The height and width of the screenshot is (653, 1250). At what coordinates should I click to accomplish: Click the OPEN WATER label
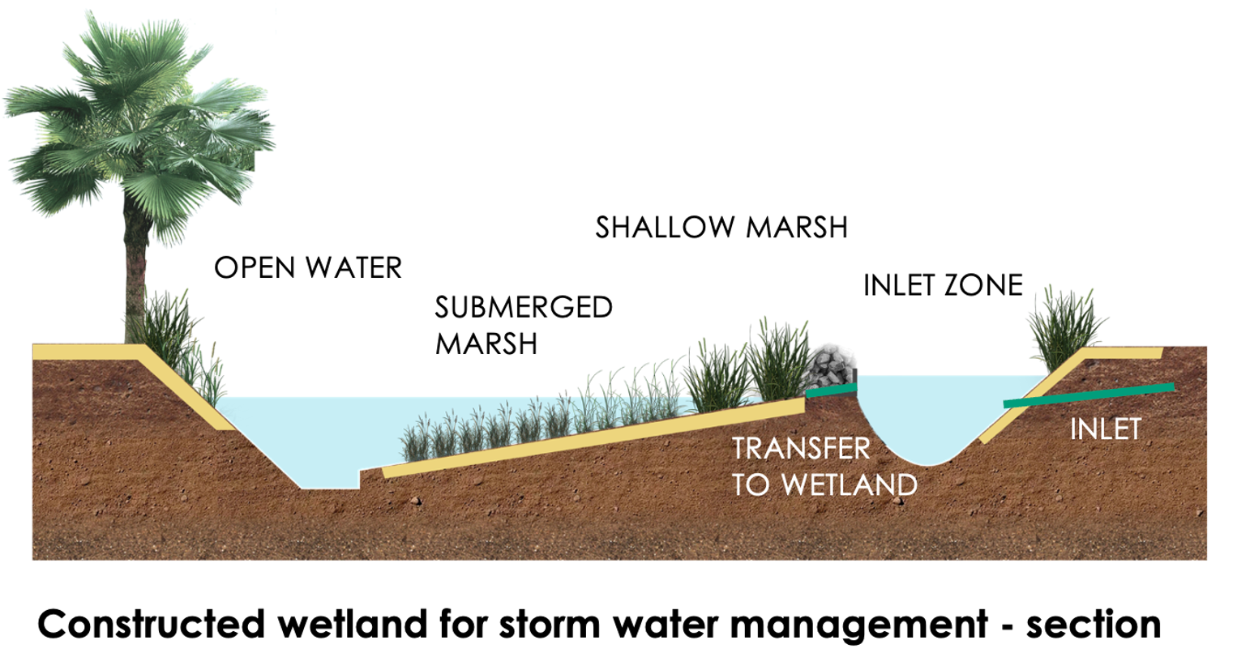[x=308, y=267]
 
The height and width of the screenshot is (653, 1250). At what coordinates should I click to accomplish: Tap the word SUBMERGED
[x=524, y=308]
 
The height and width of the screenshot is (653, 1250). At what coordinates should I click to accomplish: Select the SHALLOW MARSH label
[x=721, y=228]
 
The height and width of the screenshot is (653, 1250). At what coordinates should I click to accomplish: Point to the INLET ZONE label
[x=943, y=285]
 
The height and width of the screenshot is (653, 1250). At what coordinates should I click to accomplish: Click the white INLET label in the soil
[x=1105, y=429]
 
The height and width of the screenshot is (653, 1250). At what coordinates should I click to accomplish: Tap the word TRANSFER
[x=801, y=448]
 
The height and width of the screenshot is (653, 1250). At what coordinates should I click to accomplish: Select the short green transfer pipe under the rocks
[x=832, y=391]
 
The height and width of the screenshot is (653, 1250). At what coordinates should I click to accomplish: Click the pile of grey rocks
[x=830, y=365]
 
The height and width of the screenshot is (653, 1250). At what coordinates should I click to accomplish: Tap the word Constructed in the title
[x=151, y=625]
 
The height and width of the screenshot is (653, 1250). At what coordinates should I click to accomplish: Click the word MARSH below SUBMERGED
[x=486, y=344]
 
